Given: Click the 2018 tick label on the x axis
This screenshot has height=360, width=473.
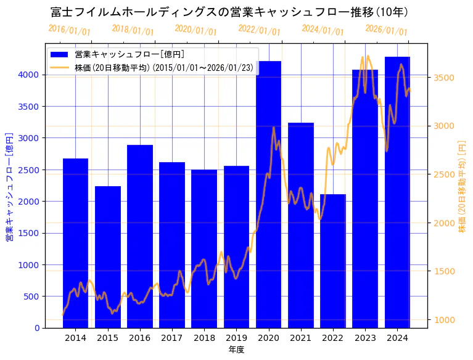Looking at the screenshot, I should point(204,338).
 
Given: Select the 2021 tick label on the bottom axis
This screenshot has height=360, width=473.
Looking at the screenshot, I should point(300,338).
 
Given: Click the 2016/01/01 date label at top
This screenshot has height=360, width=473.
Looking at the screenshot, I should point(69,30).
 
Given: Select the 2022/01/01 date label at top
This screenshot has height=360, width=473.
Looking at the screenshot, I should point(259,30).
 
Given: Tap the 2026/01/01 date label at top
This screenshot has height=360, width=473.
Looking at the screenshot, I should point(386,30).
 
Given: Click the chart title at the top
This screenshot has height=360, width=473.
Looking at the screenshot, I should point(229,12).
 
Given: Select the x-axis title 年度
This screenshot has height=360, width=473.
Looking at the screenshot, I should point(236,350).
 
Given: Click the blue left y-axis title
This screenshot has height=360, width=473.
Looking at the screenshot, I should point(9,186).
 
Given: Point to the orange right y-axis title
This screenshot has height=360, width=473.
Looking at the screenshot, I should point(463,186).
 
